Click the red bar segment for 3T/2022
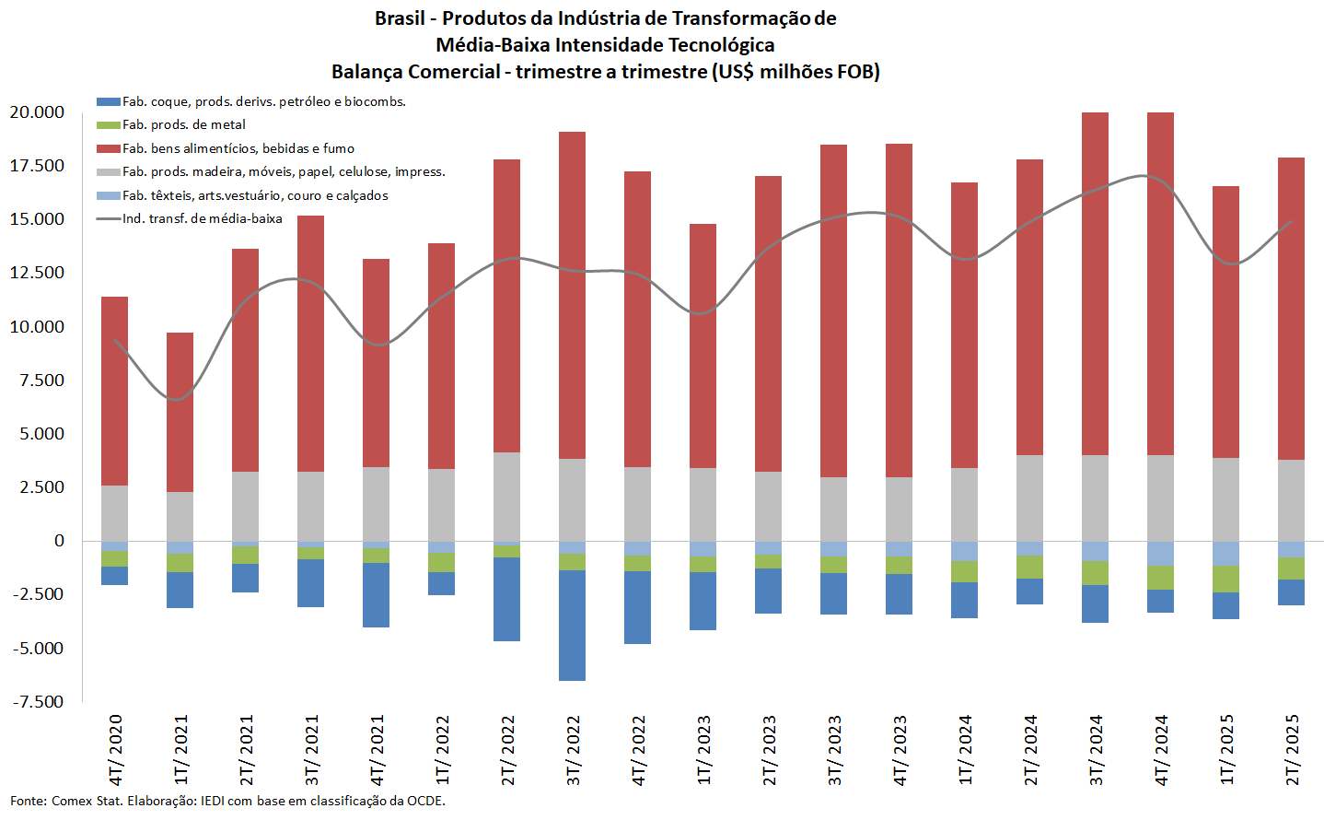(x=572, y=295)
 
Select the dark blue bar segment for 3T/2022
(x=572, y=626)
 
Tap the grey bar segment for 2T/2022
(x=506, y=497)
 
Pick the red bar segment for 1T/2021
(x=180, y=412)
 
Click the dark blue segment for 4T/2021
(x=376, y=595)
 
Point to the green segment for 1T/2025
(x=1225, y=579)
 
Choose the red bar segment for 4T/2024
(x=1160, y=284)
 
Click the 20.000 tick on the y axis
(x=37, y=112)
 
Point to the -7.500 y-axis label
(x=38, y=702)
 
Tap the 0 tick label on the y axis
(x=59, y=541)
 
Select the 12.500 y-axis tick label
(x=37, y=273)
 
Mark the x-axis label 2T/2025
(x=1292, y=749)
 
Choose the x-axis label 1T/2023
(x=703, y=749)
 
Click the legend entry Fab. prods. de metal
(x=183, y=124)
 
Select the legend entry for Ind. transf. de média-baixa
(x=202, y=218)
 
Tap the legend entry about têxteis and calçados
(x=254, y=195)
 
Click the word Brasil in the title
(x=400, y=18)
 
